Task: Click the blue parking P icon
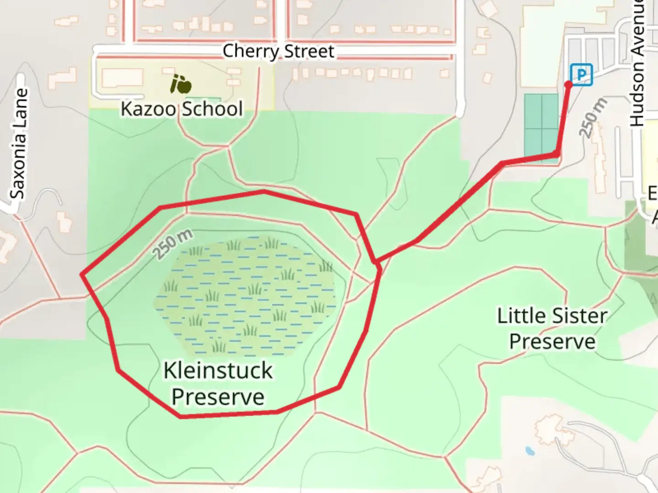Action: (581, 74)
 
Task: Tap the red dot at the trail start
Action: (568, 84)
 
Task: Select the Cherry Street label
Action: (278, 51)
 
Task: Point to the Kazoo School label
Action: (181, 109)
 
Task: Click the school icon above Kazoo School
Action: (180, 84)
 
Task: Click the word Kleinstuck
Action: (218, 370)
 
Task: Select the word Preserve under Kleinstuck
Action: (218, 397)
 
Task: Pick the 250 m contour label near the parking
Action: (593, 118)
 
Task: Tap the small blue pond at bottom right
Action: (530, 451)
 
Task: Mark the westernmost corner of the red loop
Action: (82, 274)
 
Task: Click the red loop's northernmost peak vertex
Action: (264, 191)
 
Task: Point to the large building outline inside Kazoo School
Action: (119, 79)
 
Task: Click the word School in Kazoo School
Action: (212, 109)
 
